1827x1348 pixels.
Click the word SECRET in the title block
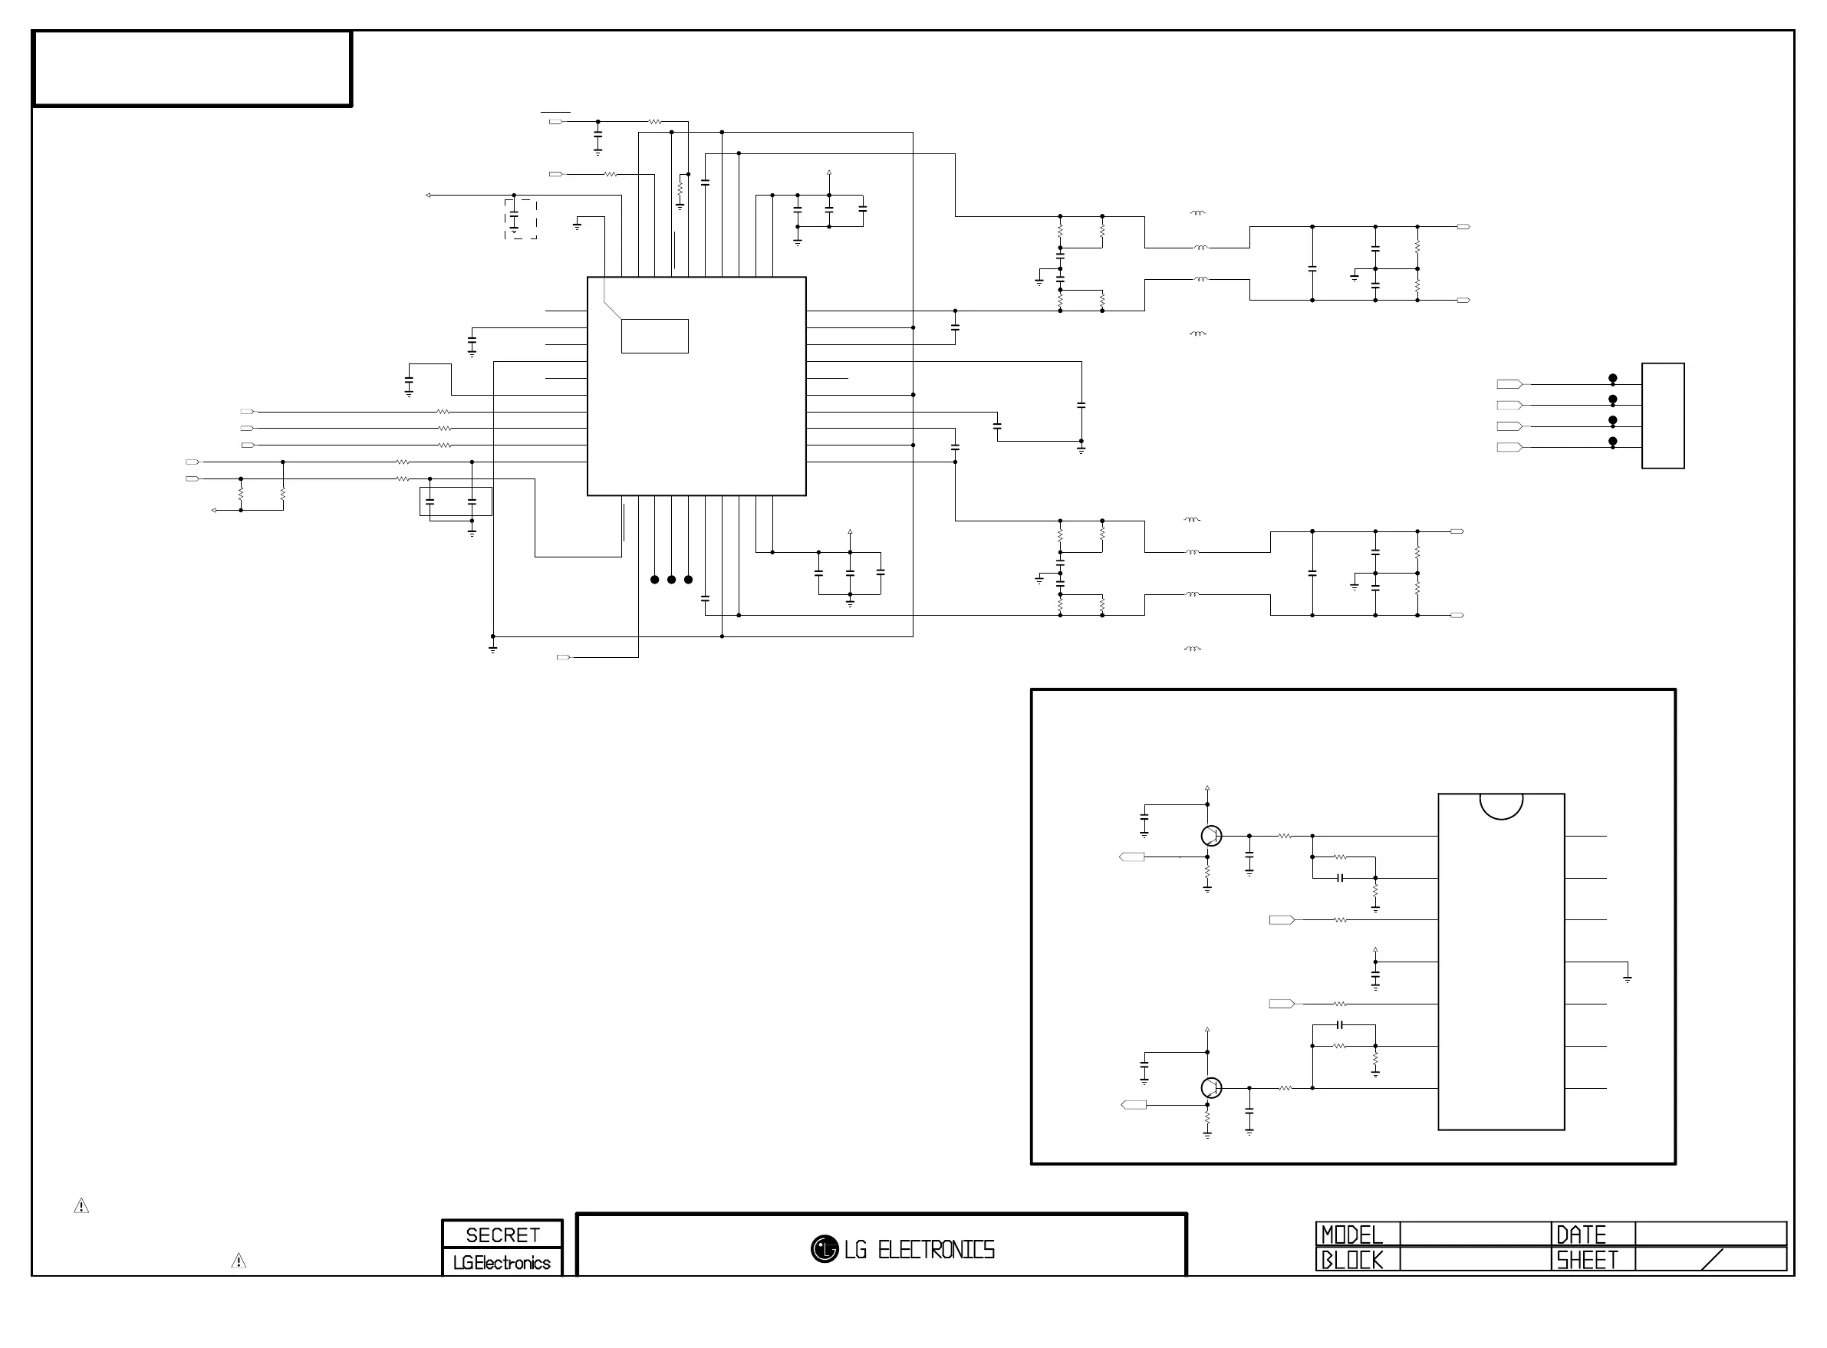point(502,1235)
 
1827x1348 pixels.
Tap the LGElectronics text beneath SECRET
point(502,1262)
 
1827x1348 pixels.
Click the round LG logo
point(825,1248)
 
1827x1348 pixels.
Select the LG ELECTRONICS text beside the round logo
point(920,1249)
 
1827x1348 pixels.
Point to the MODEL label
point(1352,1234)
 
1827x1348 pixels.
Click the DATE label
point(1582,1234)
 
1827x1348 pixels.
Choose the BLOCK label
point(1352,1260)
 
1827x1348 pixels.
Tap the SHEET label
point(1587,1260)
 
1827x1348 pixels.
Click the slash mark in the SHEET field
point(1713,1259)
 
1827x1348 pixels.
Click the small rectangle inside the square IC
point(654,336)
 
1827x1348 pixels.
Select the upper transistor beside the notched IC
point(1212,836)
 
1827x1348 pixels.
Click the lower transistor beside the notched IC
point(1212,1088)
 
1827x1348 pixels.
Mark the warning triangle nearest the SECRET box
point(239,1261)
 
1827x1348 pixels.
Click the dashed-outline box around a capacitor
point(521,200)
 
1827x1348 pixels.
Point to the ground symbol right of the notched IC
point(1627,978)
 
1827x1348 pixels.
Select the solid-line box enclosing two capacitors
point(456,487)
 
